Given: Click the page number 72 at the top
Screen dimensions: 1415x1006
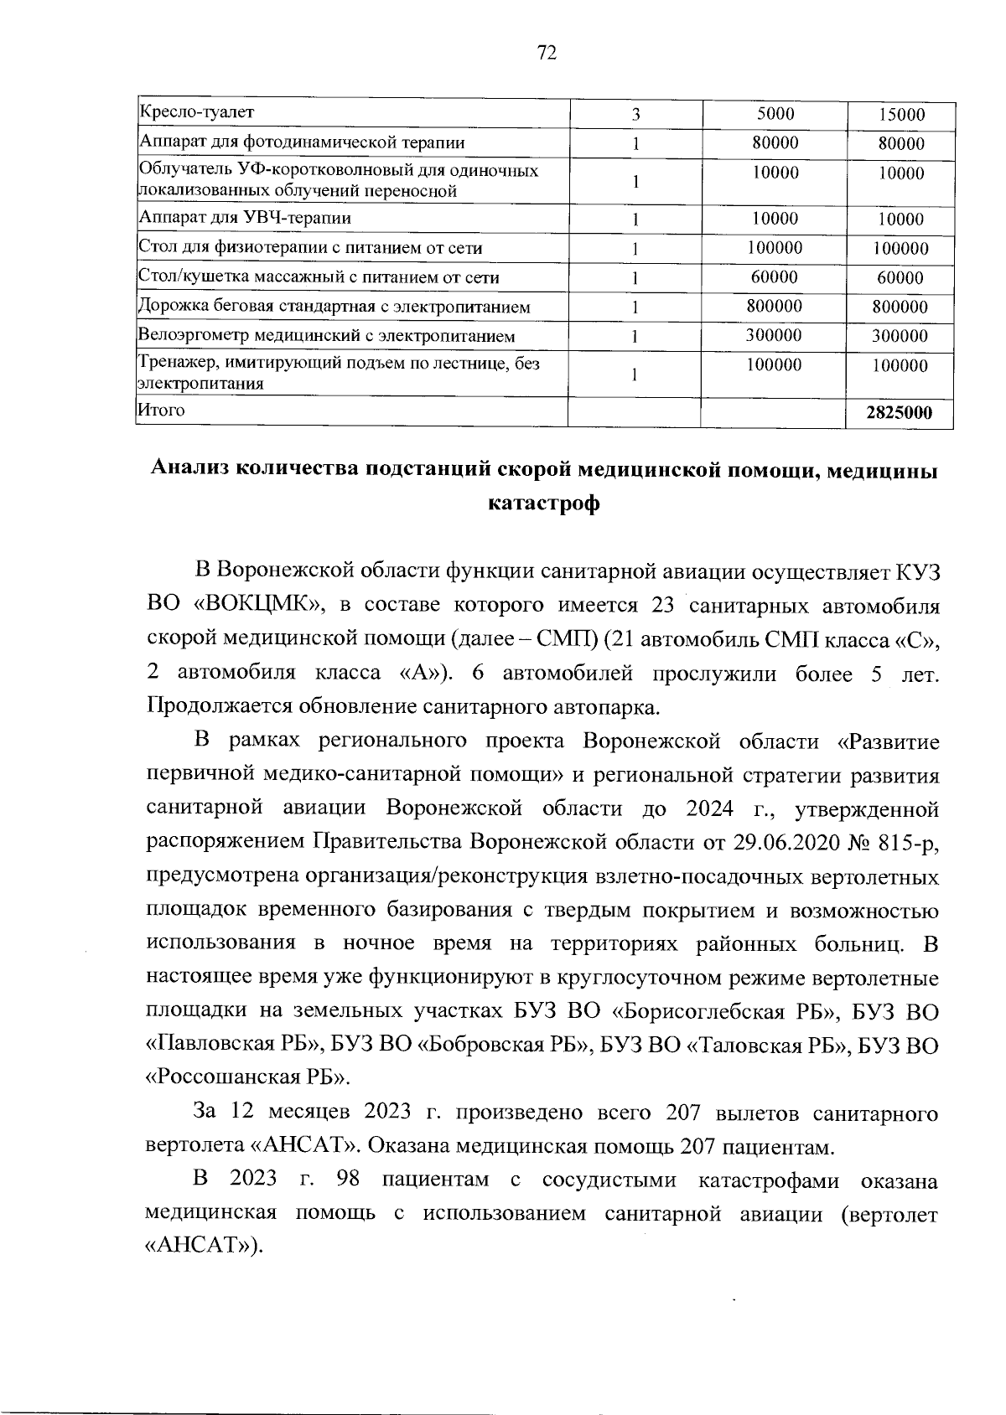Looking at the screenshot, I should pos(546,54).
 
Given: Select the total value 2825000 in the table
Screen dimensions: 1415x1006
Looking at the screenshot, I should pos(899,413).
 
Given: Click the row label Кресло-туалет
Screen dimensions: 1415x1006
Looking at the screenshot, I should pos(196,111).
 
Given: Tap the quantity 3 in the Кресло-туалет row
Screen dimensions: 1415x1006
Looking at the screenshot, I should pos(636,115).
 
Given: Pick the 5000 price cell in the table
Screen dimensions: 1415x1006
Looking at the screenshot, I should pos(774,113).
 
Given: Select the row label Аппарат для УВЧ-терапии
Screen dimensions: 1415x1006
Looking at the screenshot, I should pos(245,219).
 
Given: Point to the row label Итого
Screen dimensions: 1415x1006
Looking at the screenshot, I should pos(160,410).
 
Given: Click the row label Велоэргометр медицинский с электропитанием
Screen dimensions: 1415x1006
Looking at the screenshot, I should pos(326,336).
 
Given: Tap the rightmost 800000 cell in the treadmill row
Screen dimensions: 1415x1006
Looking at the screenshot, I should pos(900,307).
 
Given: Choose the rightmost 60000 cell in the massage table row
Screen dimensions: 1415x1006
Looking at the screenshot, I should pos(900,278).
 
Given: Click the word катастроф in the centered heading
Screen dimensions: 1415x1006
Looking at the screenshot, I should pos(542,505).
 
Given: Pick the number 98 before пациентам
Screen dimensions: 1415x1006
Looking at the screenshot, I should pos(346,1180).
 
